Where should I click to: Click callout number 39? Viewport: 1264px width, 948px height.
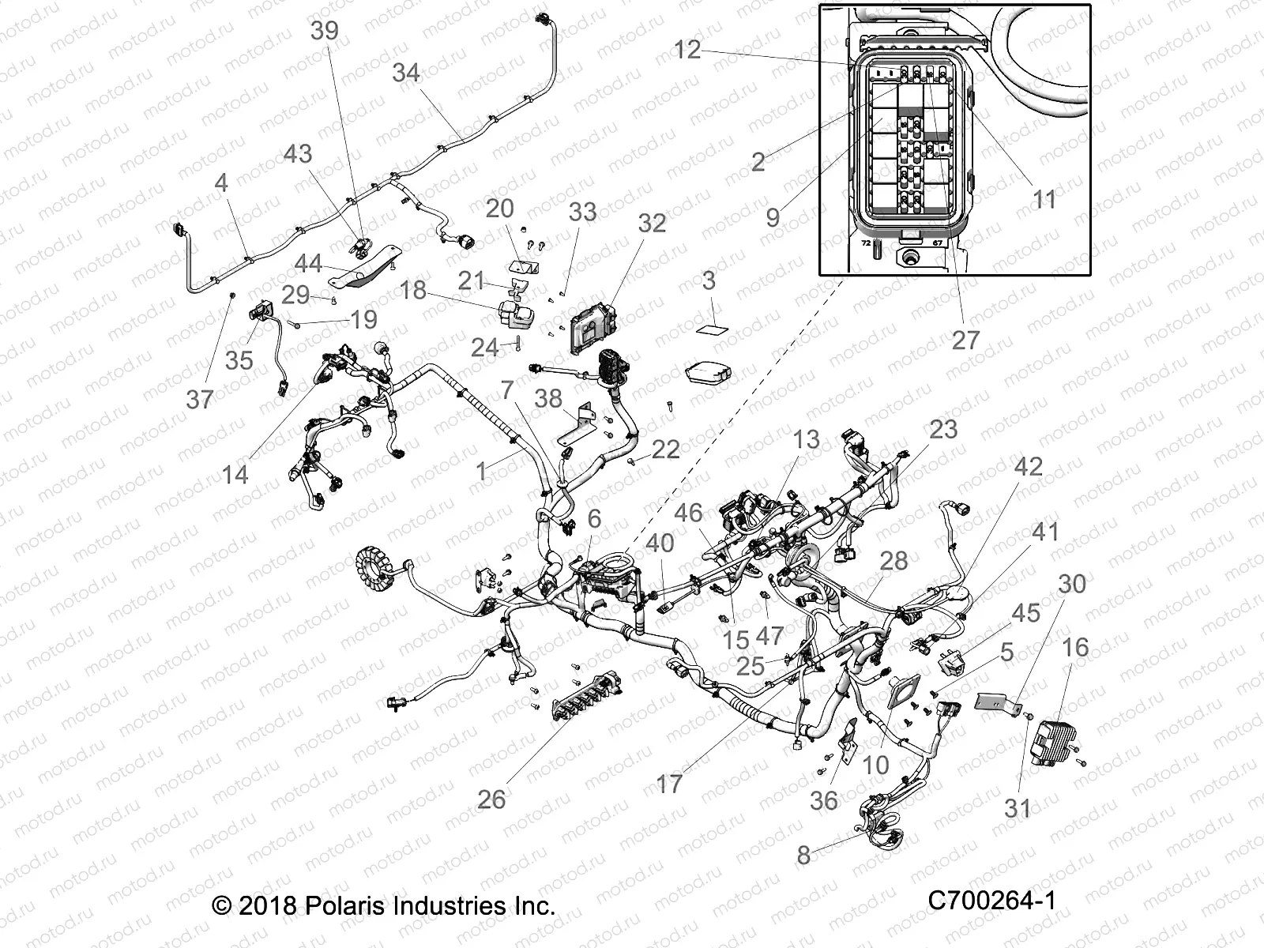[x=324, y=31]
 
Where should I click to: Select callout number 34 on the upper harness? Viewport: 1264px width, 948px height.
[x=406, y=73]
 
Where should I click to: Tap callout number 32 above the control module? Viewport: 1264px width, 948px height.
[x=652, y=224]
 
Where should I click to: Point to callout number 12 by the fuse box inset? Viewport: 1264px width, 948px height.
[x=687, y=50]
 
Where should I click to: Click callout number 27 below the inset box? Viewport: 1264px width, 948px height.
[x=965, y=340]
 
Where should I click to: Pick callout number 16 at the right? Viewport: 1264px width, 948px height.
[x=1075, y=648]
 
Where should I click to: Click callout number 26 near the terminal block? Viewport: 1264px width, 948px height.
[x=491, y=799]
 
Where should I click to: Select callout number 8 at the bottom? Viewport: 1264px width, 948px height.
[x=803, y=855]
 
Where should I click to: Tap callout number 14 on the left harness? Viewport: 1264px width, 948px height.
[x=235, y=475]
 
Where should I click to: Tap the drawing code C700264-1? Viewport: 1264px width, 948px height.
[x=992, y=900]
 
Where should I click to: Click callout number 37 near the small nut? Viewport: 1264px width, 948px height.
[x=200, y=399]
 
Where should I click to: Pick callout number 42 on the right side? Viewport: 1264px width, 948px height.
[x=1028, y=466]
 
